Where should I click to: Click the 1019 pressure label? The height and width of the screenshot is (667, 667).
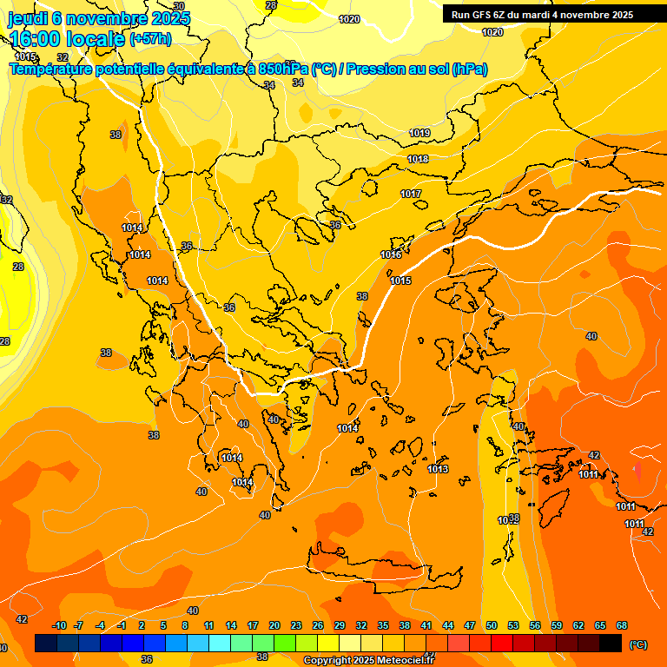click(x=419, y=133)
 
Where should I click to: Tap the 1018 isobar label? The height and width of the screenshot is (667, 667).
click(x=418, y=159)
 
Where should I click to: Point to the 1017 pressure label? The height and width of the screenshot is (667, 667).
click(x=411, y=194)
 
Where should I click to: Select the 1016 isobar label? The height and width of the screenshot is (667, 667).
click(x=391, y=254)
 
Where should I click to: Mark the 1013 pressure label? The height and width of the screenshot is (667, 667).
click(x=438, y=469)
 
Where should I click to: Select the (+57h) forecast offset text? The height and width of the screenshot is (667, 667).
click(x=150, y=39)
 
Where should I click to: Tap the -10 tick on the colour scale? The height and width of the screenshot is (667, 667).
click(x=60, y=625)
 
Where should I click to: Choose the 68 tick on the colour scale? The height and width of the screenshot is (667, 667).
click(x=622, y=625)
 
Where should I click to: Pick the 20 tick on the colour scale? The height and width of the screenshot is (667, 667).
click(x=274, y=625)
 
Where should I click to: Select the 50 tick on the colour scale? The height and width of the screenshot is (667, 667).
click(x=492, y=625)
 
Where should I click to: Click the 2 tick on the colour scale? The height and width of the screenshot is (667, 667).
click(x=141, y=625)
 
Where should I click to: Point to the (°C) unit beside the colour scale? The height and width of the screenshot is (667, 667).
click(x=638, y=644)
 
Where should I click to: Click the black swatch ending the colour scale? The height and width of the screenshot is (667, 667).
click(x=611, y=643)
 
